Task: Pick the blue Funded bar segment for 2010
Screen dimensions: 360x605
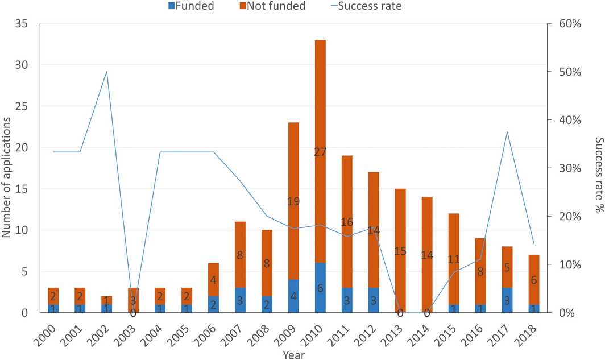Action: [x=320, y=288]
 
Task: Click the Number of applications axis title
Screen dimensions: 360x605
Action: [x=7, y=168]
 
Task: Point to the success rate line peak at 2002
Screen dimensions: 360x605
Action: [x=107, y=72]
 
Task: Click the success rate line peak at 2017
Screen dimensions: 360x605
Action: [x=507, y=132]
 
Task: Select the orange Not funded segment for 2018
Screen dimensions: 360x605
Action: [x=533, y=279]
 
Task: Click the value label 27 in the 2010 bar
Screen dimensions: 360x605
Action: [x=320, y=152]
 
